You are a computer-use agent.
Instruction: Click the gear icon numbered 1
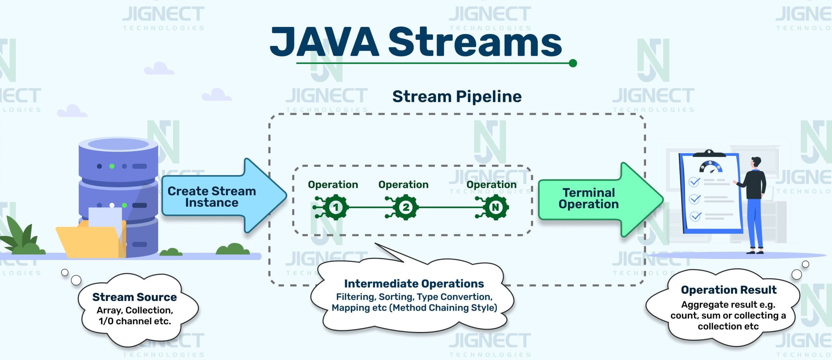(336, 207)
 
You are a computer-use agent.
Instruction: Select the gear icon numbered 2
(406, 207)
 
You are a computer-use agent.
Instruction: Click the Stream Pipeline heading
(457, 96)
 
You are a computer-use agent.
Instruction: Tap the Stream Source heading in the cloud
(135, 297)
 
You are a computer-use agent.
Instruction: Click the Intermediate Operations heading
(414, 284)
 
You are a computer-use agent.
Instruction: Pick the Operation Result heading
(729, 290)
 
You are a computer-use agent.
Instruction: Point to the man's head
(756, 162)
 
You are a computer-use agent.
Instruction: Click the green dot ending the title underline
(573, 63)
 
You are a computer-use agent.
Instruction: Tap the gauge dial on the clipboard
(710, 167)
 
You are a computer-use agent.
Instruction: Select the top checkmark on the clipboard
(694, 182)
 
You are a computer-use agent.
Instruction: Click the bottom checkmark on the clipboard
(695, 216)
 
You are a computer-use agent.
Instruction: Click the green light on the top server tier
(112, 166)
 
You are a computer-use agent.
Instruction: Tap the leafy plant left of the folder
(21, 237)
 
